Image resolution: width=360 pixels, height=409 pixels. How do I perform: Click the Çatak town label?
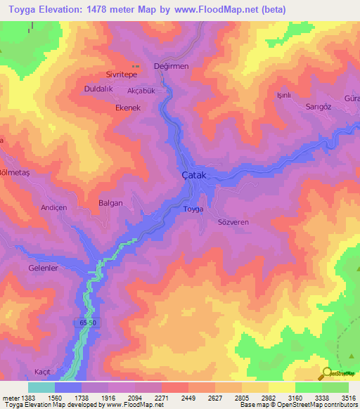[x=192, y=175]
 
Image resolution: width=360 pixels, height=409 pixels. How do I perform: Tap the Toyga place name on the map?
[x=193, y=209]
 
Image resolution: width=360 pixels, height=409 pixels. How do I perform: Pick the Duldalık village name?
[x=98, y=90]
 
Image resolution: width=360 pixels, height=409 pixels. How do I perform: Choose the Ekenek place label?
[x=128, y=108]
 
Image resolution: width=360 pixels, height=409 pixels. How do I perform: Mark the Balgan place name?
[x=110, y=202]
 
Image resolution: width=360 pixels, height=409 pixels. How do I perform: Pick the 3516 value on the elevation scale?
[x=349, y=398]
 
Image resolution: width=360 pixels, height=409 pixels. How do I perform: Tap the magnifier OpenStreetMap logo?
[x=328, y=373]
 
